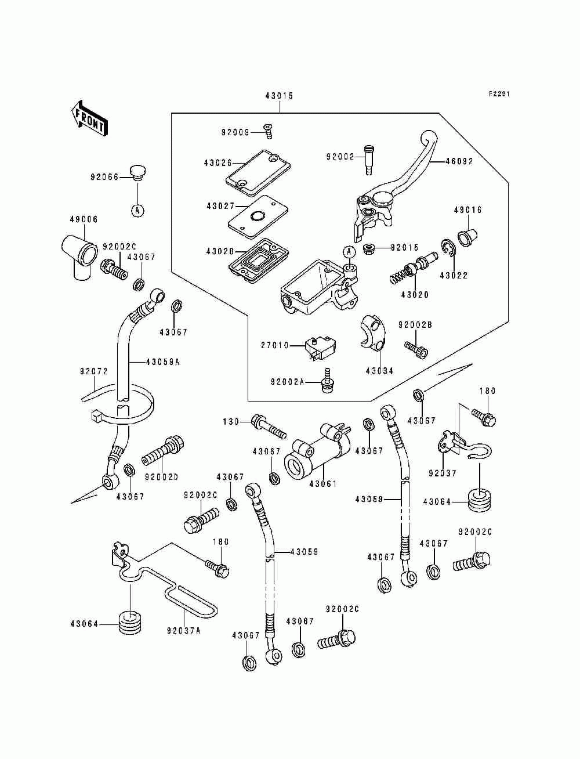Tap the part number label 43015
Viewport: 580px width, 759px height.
(x=279, y=96)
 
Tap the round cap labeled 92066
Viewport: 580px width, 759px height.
(x=137, y=172)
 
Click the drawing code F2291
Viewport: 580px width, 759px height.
(x=498, y=94)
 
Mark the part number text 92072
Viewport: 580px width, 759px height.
(x=94, y=370)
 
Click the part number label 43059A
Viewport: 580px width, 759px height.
(x=162, y=362)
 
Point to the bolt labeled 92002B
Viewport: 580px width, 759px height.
(x=417, y=349)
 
